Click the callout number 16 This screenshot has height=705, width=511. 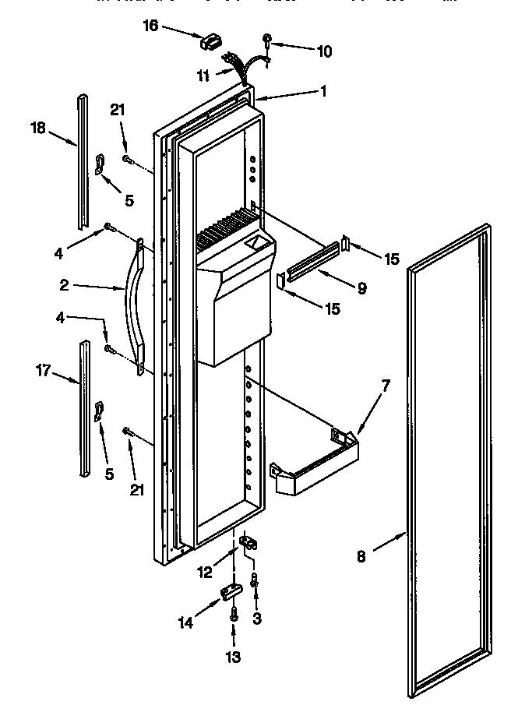150,26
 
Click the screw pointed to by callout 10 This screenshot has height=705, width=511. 267,39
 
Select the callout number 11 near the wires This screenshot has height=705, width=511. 203,75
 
